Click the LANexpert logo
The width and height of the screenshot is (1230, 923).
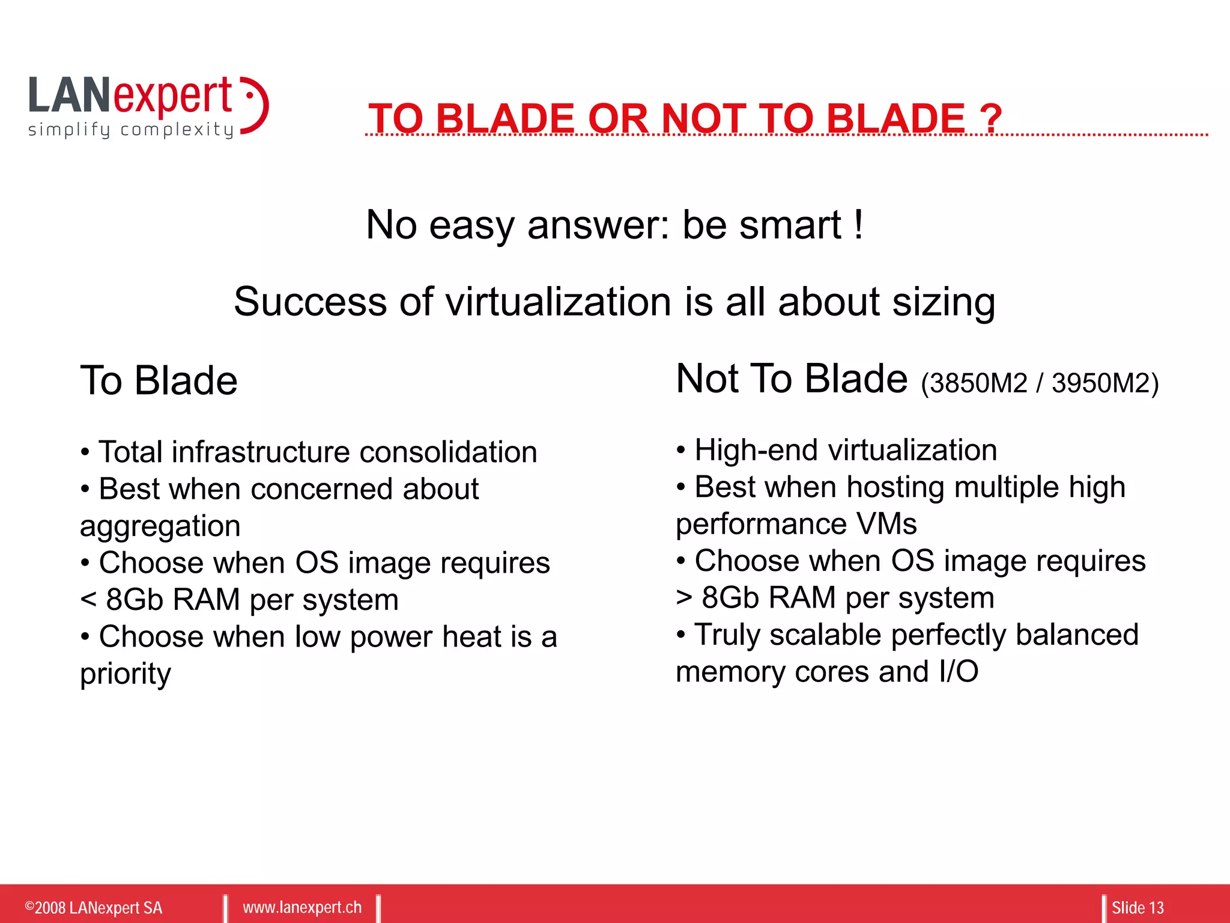click(x=147, y=99)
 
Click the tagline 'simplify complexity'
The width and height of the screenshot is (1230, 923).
click(x=130, y=130)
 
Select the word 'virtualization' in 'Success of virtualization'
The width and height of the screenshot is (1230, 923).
click(x=558, y=302)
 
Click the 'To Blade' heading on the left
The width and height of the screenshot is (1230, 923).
click(x=159, y=380)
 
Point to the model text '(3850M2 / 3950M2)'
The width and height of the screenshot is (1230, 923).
click(x=1040, y=383)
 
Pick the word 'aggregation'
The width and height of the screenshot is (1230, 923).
click(x=160, y=526)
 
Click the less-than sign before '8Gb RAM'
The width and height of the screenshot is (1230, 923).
click(x=88, y=599)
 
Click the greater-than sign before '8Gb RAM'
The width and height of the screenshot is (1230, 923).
click(x=684, y=597)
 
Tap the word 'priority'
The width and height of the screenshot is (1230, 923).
click(x=126, y=674)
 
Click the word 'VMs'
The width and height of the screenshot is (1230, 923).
click(x=887, y=524)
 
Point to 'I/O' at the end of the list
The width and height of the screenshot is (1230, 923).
click(x=959, y=672)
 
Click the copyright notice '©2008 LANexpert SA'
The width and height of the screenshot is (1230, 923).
click(x=94, y=907)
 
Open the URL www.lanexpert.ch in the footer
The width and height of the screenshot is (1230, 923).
click(x=302, y=907)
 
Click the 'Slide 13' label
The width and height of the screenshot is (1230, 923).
click(x=1138, y=907)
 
